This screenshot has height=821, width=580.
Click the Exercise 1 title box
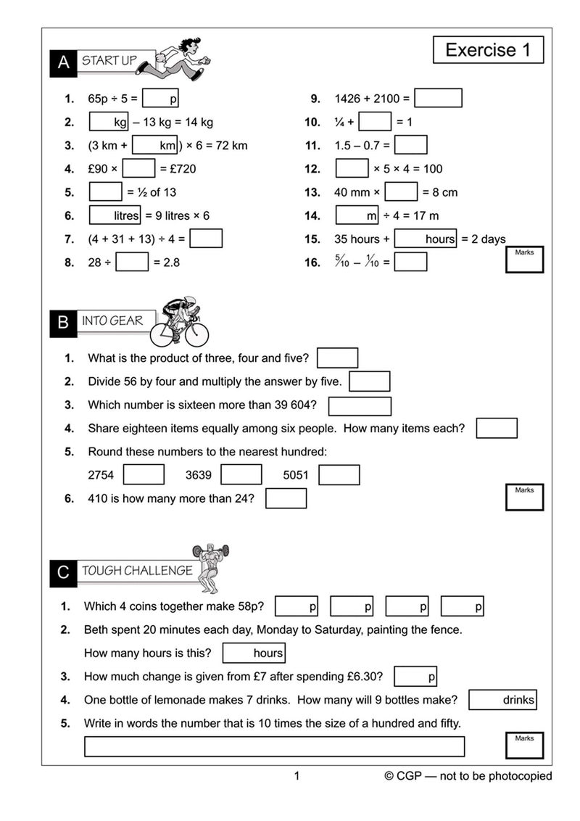488,50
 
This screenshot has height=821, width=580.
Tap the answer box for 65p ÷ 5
160,98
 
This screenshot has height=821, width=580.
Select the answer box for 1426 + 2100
438,98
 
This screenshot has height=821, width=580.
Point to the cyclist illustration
179,322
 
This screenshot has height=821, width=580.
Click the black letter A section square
63,63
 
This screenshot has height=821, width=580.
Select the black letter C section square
63,573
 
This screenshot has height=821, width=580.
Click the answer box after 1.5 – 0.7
410,145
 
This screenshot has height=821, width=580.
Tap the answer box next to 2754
144,475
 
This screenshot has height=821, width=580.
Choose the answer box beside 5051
339,475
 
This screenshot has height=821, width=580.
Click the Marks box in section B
524,497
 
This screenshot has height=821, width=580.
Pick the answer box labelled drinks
502,700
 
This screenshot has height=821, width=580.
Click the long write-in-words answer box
274,746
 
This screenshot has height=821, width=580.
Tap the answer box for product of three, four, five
337,358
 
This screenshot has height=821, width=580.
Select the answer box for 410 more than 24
286,498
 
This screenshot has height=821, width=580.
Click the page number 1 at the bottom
296,777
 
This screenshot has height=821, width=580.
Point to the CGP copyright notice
468,777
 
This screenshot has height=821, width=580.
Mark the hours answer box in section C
253,653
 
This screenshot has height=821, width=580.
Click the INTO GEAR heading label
112,321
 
